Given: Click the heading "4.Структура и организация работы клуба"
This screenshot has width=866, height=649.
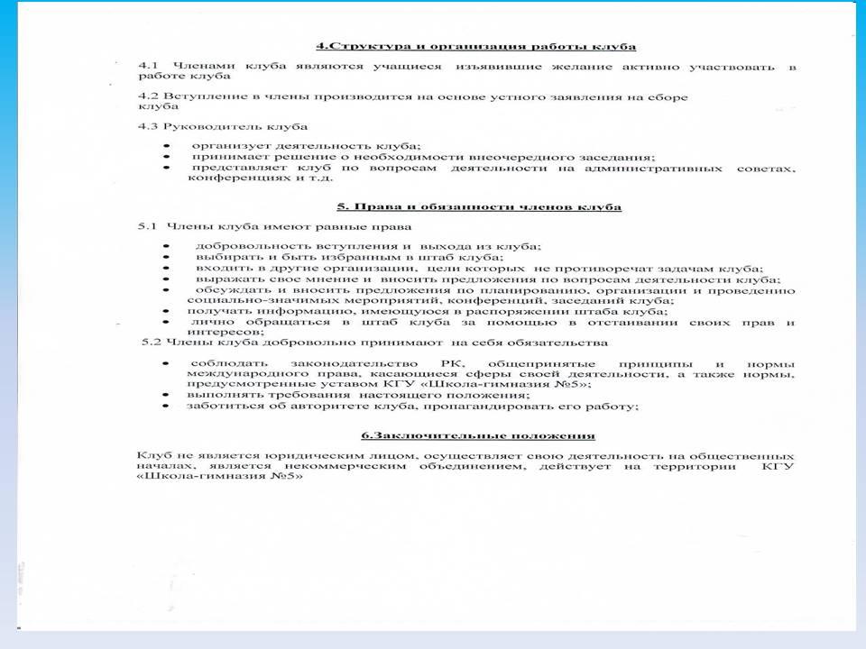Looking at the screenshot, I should point(475,46).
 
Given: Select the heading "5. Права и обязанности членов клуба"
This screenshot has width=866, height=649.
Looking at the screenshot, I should point(478,206).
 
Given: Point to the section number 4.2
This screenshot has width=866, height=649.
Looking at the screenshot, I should point(147,96).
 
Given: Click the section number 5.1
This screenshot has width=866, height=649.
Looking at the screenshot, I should point(147,226).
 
